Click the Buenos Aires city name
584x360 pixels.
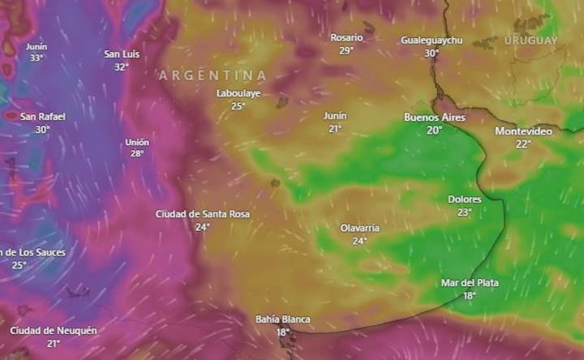[435, 118]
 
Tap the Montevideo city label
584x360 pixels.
[523, 131]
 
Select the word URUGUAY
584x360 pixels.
[530, 41]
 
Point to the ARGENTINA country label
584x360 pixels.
[213, 75]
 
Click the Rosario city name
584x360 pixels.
[346, 37]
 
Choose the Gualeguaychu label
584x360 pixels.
[432, 41]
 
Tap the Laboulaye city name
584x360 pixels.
[238, 93]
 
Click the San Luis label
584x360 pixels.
[122, 54]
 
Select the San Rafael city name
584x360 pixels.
[42, 117]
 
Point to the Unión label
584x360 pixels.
[137, 142]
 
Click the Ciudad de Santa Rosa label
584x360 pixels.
[203, 214]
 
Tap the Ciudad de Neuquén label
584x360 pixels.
[54, 331]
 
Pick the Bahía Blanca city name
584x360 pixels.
[282, 319]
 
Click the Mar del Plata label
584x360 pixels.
[470, 283]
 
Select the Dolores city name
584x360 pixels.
[465, 199]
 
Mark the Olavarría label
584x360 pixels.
[360, 228]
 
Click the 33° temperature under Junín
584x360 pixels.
[36, 58]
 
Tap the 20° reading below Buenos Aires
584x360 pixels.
[435, 130]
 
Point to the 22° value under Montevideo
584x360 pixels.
[523, 144]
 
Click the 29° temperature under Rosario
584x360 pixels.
[346, 50]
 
